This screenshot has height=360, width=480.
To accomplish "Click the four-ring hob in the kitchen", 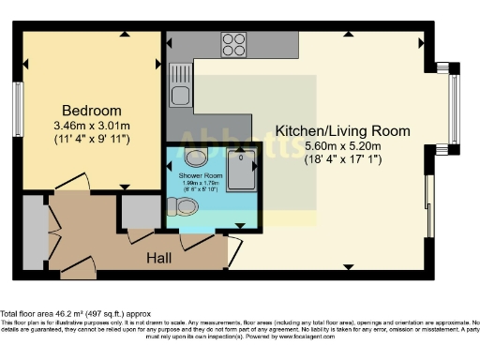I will [233, 43].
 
